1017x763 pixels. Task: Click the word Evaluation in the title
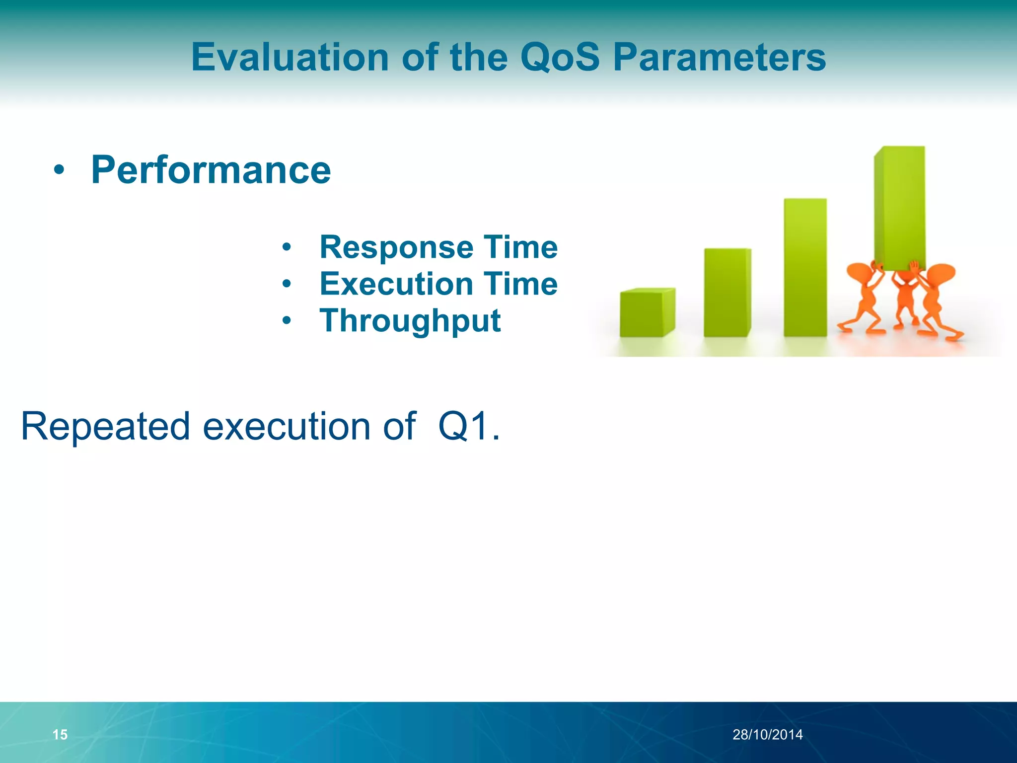coord(290,57)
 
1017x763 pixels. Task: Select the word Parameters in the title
coord(719,57)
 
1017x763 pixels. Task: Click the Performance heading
coord(211,170)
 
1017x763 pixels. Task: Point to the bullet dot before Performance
coord(59,170)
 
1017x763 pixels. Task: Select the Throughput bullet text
coord(410,320)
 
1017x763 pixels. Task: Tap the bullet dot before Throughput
coord(287,320)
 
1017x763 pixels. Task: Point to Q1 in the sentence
coord(462,426)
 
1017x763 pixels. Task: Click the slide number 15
coord(60,735)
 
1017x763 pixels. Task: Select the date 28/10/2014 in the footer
coord(767,735)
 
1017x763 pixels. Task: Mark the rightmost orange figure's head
coord(942,274)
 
